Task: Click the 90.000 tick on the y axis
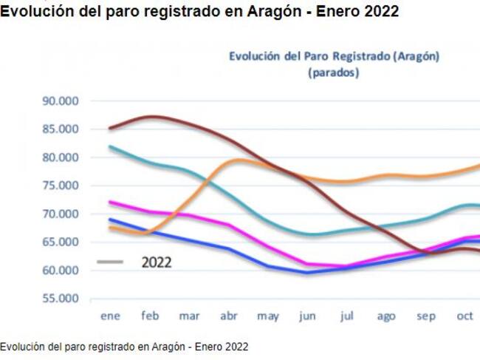pyautogui.click(x=61, y=101)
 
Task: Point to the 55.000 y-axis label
pyautogui.click(x=61, y=299)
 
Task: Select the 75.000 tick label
pyautogui.click(x=61, y=186)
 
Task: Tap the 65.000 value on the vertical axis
pyautogui.click(x=61, y=242)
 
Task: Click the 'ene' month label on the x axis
pyautogui.click(x=110, y=316)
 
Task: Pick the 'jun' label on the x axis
pyautogui.click(x=307, y=316)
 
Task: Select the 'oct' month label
pyautogui.click(x=465, y=316)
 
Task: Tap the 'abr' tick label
pyautogui.click(x=228, y=316)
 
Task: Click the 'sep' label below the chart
pyautogui.click(x=425, y=316)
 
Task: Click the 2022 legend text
pyautogui.click(x=156, y=262)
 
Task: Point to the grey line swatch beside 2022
pyautogui.click(x=110, y=262)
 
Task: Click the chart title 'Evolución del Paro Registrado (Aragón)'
pyautogui.click(x=334, y=56)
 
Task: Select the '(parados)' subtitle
pyautogui.click(x=334, y=72)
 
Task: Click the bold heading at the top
pyautogui.click(x=199, y=12)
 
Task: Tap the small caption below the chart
pyautogui.click(x=124, y=346)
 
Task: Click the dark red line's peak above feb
pyautogui.click(x=151, y=116)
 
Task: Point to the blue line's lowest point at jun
pyautogui.click(x=307, y=272)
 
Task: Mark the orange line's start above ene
pyautogui.click(x=110, y=227)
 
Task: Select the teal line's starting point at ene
pyautogui.click(x=110, y=146)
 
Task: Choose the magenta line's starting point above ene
pyautogui.click(x=110, y=202)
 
